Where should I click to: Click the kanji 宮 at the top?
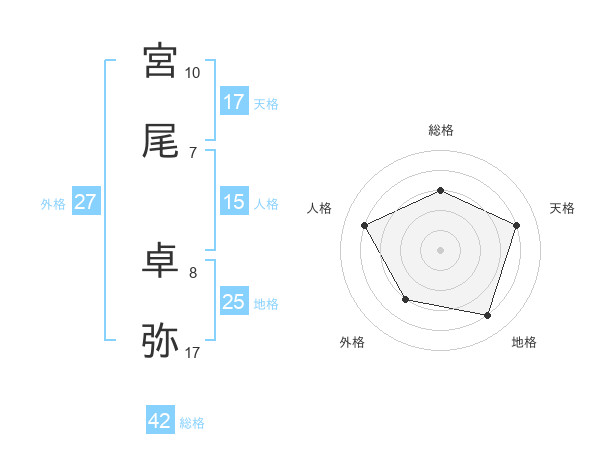160,62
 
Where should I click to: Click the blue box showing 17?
234,102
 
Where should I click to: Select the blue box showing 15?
234,202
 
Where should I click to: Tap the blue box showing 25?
234,302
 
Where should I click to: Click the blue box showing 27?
86,202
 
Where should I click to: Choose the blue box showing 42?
160,421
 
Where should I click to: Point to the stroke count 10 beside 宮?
193,73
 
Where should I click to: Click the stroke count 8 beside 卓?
193,272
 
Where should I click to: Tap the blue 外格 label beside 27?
53,203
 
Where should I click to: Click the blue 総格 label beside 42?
192,423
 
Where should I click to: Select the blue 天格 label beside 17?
266,103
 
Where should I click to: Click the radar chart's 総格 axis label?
440,130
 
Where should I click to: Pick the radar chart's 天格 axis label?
562,208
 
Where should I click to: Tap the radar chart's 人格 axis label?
320,208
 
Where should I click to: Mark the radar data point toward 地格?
488,316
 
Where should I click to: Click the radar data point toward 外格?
405,299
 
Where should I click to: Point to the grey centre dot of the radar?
440,249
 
